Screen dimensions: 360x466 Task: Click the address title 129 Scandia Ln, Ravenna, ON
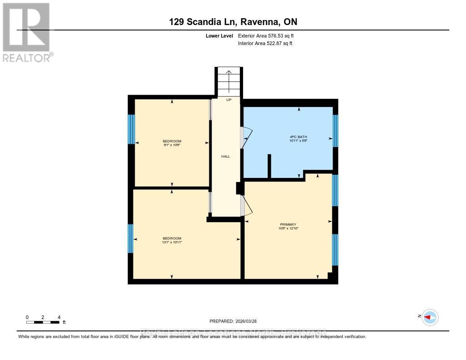tap(233, 22)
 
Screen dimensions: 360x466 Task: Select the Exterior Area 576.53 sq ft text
tap(269, 35)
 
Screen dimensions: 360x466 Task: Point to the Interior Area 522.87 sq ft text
tap(265, 44)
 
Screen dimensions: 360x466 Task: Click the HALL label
tap(226, 156)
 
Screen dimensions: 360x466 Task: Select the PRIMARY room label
tap(288, 224)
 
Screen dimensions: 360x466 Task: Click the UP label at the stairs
tap(229, 100)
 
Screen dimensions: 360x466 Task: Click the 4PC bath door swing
tap(246, 137)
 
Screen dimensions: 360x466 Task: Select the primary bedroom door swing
tap(246, 205)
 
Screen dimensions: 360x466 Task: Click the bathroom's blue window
tap(336, 131)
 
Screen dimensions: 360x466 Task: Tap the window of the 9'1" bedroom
tap(131, 129)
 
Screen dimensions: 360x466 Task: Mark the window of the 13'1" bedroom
tap(131, 238)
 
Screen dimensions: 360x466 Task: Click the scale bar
tap(43, 322)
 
